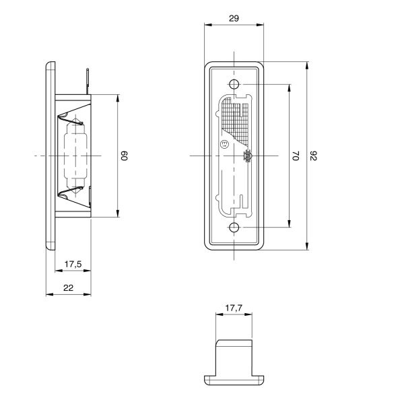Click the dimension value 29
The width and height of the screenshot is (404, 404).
coord(234,19)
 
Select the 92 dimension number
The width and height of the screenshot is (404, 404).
coord(313,156)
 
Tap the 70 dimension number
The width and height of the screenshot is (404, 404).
coord(296,156)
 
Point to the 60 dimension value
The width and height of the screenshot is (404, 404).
coord(124,156)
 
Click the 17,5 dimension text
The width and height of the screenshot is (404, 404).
coord(73,264)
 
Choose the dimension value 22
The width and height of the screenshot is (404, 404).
coord(68,288)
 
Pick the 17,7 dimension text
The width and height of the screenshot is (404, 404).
coord(234,308)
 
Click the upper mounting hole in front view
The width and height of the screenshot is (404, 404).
coord(234,84)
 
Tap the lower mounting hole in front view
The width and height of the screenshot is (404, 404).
coord(234,228)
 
